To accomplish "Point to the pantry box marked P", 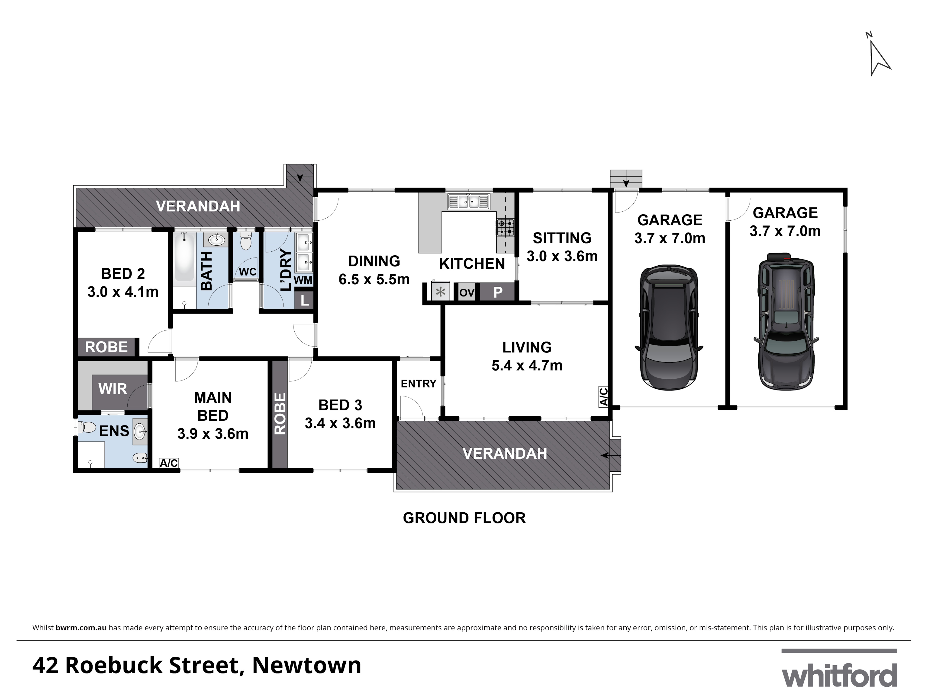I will pyautogui.click(x=498, y=292).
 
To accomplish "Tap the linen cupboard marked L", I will pyautogui.click(x=305, y=300).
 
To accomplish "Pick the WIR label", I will pyautogui.click(x=113, y=389).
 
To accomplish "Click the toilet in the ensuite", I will pyautogui.click(x=87, y=428).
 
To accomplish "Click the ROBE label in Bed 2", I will pyautogui.click(x=106, y=347).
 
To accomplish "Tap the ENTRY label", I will pyautogui.click(x=418, y=384).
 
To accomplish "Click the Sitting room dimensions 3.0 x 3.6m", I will pyautogui.click(x=562, y=256).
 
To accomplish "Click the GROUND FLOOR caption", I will pyautogui.click(x=464, y=518).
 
